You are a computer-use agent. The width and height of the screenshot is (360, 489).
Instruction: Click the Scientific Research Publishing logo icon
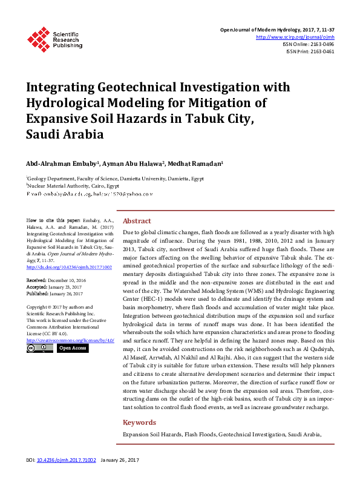click(x=39, y=39)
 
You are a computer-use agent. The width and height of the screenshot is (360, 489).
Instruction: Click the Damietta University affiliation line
click(x=115, y=179)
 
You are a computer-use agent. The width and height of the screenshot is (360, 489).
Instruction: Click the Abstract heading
click(x=137, y=221)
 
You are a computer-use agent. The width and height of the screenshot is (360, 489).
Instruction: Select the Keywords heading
click(x=140, y=422)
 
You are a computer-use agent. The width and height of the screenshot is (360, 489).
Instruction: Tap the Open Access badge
click(x=73, y=348)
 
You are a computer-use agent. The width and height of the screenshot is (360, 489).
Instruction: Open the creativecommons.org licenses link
click(x=71, y=340)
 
